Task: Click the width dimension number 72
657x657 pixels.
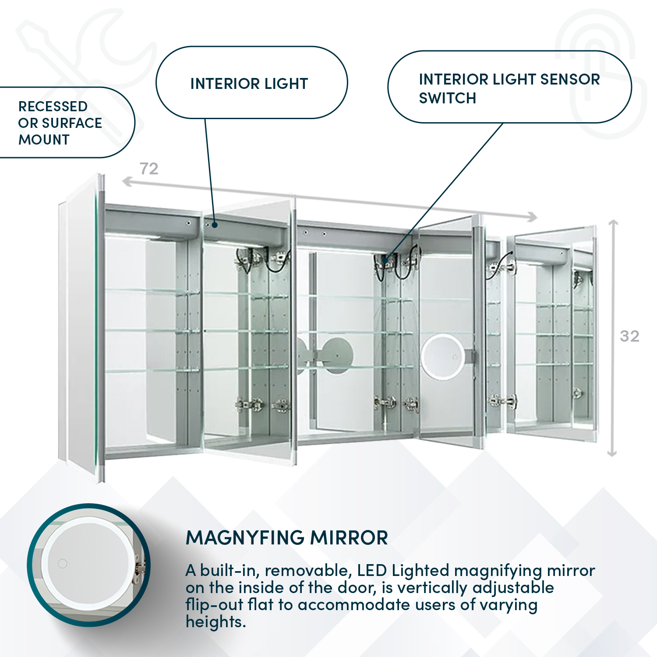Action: (x=149, y=169)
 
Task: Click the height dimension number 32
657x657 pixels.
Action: (x=629, y=336)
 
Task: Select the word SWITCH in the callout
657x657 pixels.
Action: (x=447, y=98)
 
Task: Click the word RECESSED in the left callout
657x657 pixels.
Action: (x=53, y=106)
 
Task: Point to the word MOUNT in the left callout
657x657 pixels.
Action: (x=44, y=140)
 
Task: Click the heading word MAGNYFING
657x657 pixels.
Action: (x=245, y=538)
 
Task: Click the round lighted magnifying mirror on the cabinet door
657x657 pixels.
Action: (x=442, y=355)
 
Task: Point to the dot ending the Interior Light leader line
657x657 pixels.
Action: (x=215, y=225)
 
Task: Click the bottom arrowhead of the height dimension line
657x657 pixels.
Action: (x=612, y=453)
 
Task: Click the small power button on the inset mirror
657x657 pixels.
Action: (x=63, y=563)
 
